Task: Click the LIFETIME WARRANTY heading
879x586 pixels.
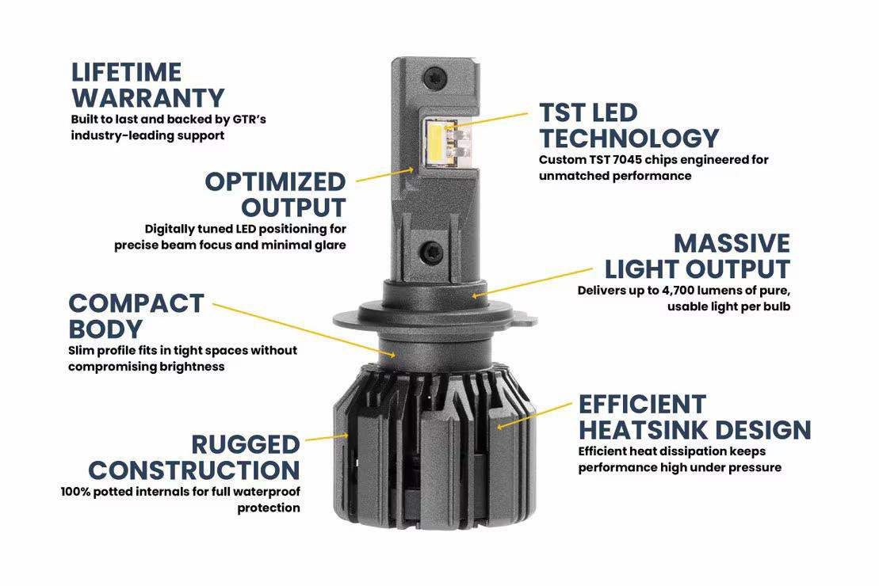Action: click(147, 85)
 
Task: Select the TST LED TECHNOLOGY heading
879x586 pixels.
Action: click(629, 125)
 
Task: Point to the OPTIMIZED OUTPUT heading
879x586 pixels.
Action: click(275, 194)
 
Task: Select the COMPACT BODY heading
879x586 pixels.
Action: click(136, 315)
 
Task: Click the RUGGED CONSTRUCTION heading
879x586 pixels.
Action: click(194, 457)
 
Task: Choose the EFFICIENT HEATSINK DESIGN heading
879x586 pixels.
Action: click(694, 417)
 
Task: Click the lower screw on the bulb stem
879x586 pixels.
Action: click(431, 252)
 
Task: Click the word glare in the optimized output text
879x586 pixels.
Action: click(329, 245)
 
